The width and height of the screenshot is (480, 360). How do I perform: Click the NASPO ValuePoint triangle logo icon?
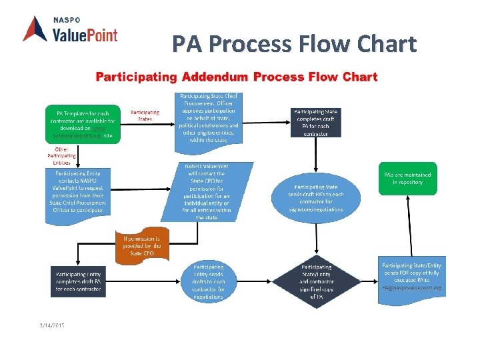(35, 29)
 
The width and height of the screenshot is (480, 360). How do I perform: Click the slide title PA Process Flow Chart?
(294, 45)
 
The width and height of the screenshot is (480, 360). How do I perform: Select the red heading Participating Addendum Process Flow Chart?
(237, 77)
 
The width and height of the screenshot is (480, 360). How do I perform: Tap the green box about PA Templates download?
(79, 124)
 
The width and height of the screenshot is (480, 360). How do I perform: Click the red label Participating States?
(145, 115)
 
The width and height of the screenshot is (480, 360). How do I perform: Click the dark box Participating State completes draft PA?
(315, 121)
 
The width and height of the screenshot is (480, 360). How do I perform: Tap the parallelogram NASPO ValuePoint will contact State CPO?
(207, 191)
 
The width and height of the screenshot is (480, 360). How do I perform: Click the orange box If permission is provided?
(143, 246)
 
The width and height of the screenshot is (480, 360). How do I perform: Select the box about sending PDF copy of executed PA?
(411, 275)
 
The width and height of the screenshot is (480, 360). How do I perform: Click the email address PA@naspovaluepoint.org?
(411, 288)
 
